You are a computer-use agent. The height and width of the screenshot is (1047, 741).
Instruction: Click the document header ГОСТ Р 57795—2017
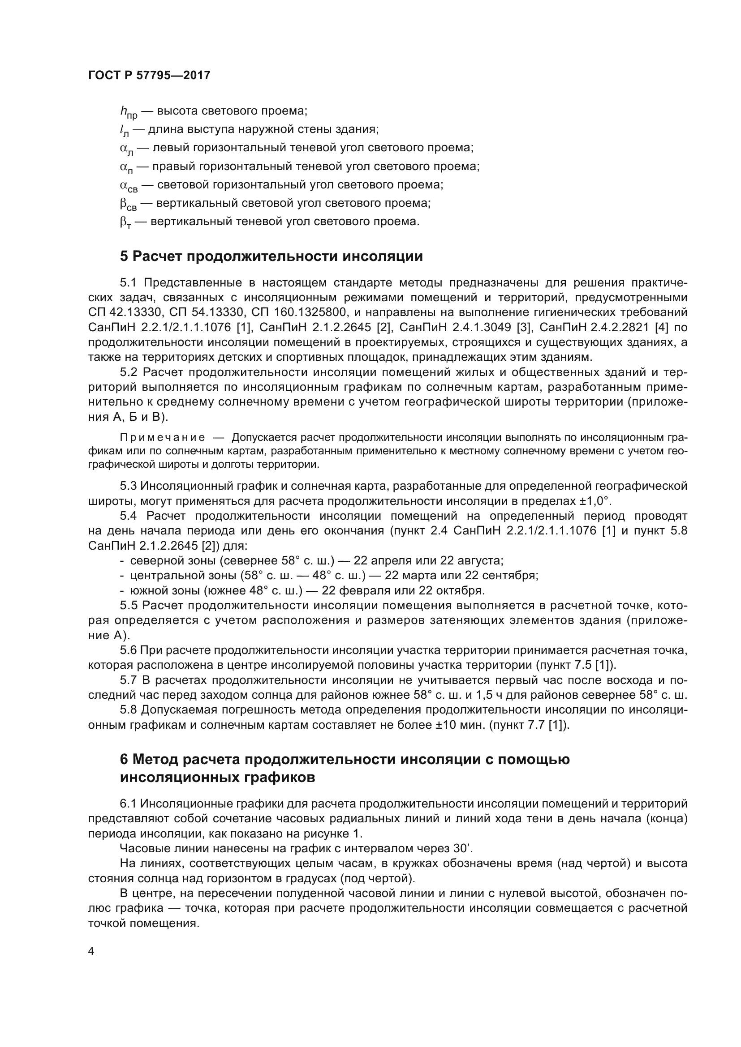coord(149,75)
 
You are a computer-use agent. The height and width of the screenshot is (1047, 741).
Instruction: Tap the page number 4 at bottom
coord(91,951)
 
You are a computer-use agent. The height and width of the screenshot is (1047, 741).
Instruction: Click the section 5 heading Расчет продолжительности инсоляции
coord(271,256)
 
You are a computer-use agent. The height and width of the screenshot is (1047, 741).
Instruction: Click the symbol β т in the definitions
coord(125,222)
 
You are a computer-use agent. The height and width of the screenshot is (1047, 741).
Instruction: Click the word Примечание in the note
coord(163,438)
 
